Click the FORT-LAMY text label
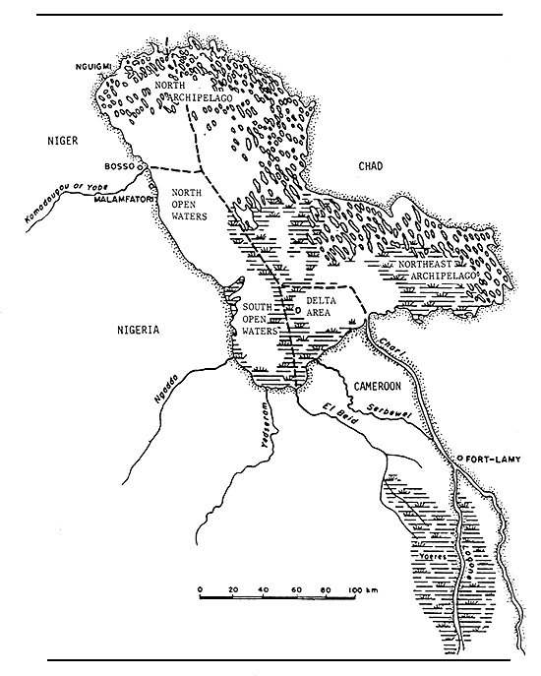tap(489, 459)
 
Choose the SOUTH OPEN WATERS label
tap(260, 320)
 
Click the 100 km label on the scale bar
tap(367, 588)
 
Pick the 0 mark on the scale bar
tap(200, 588)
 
